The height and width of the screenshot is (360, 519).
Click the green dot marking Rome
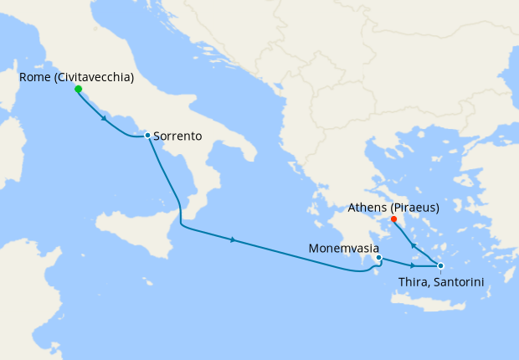pyautogui.click(x=78, y=89)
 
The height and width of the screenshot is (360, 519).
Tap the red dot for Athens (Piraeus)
pyautogui.click(x=393, y=219)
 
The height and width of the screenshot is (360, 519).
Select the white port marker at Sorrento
pyautogui.click(x=147, y=135)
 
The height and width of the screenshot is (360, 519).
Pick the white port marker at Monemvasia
pyautogui.click(x=378, y=258)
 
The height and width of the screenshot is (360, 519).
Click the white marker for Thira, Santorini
pyautogui.click(x=440, y=265)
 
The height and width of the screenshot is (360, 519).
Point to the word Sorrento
pyautogui.click(x=180, y=136)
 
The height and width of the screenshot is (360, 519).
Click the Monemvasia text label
pyautogui.click(x=344, y=249)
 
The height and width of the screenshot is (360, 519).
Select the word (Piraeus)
pyautogui.click(x=414, y=207)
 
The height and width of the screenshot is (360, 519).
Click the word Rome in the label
pyautogui.click(x=35, y=77)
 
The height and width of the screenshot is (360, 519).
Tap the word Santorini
pyautogui.click(x=457, y=281)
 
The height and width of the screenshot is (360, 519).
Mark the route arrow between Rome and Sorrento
pyautogui.click(x=103, y=118)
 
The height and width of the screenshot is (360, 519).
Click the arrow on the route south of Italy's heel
pyautogui.click(x=233, y=240)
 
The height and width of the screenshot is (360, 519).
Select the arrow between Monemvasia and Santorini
pyautogui.click(x=412, y=265)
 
